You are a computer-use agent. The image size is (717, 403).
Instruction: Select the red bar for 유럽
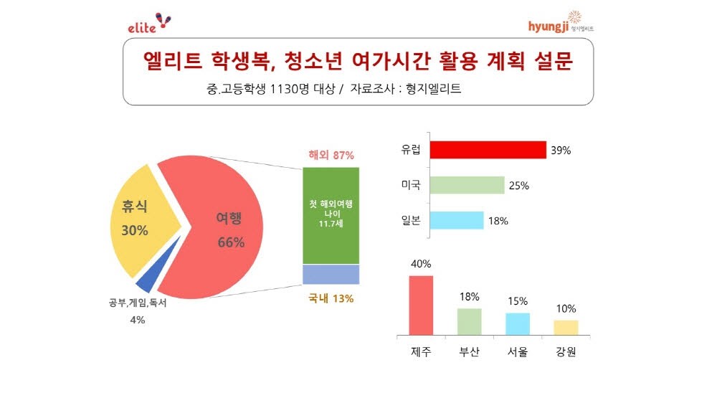coord(488,149)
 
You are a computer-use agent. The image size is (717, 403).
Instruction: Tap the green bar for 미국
coord(467,185)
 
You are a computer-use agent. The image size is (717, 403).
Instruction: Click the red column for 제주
coord(421,305)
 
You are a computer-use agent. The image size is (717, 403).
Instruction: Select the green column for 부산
coord(469,321)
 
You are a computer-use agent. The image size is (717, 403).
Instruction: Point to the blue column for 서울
coord(517,323)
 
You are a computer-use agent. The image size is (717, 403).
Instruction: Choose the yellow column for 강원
coord(566,327)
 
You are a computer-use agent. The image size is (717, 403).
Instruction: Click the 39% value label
coord(561,151)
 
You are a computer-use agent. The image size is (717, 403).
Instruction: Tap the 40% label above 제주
coord(421,263)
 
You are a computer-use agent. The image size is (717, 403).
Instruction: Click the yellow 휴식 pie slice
coord(141,219)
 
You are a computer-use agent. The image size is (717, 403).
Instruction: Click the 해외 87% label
coord(331,155)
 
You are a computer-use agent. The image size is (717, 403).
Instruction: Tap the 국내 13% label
coord(331,298)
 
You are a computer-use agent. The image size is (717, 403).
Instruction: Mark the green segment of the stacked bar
coord(331,215)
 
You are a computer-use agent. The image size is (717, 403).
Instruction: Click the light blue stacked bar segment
coord(331,275)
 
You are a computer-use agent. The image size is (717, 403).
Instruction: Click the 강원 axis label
coord(566,353)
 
